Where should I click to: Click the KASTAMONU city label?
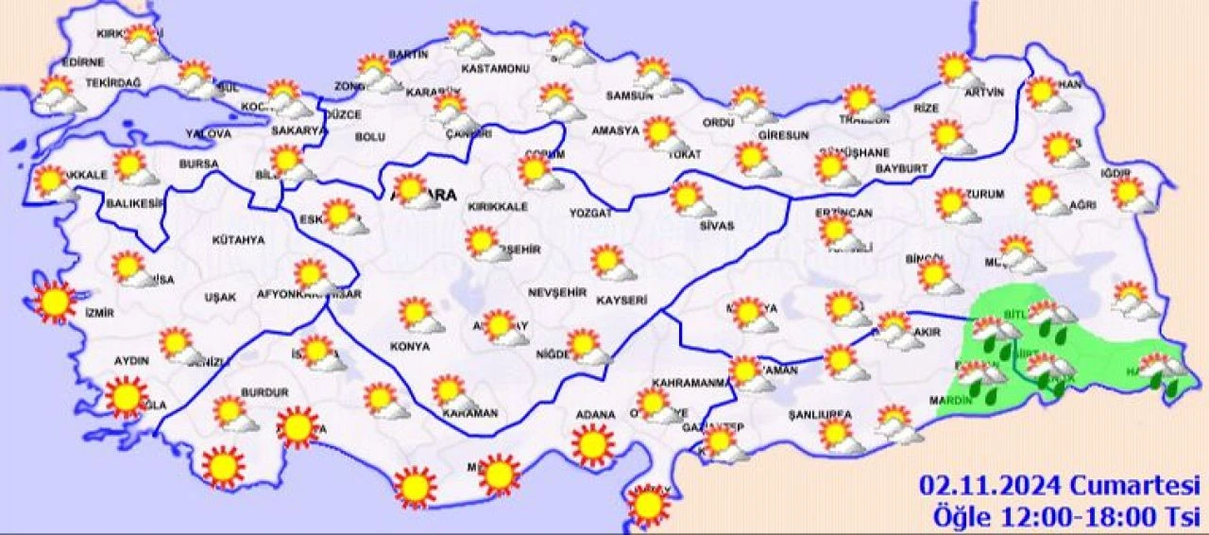[495, 69]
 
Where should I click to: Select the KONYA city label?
[409, 347]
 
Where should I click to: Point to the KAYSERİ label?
[622, 301]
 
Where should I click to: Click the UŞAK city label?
[220, 297]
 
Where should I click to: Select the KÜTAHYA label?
[239, 240]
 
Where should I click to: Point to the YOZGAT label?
[590, 214]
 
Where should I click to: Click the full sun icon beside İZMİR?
[55, 302]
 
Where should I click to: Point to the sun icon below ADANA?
[593, 445]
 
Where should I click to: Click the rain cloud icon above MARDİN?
[980, 376]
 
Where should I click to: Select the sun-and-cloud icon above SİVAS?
[690, 199]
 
